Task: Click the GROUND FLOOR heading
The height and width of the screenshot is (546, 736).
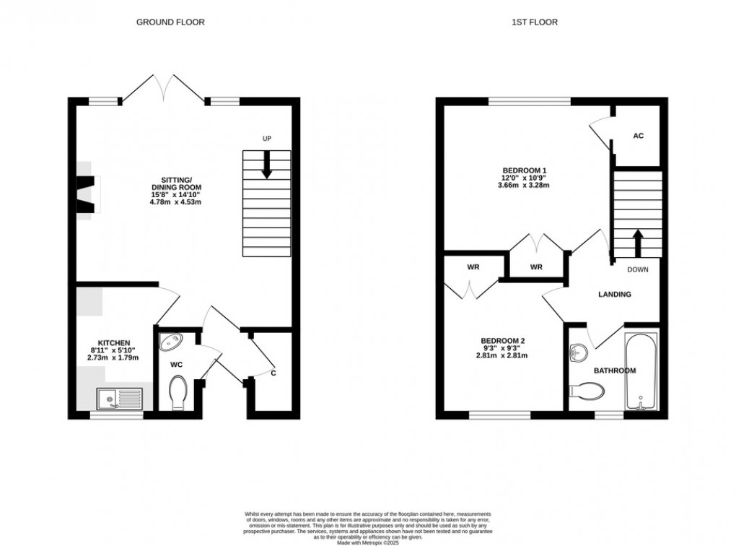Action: (170, 22)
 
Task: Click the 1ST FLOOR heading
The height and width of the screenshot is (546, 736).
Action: (535, 22)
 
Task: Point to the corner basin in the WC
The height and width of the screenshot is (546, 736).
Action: (172, 342)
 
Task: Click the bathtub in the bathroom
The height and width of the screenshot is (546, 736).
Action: (641, 371)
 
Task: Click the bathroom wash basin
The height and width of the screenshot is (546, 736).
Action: (579, 352)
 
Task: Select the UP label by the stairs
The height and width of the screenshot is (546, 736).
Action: (267, 139)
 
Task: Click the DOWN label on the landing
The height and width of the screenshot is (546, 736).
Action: (637, 270)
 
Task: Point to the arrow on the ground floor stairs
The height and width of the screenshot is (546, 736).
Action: (267, 164)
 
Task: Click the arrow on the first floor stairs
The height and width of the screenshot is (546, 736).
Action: (637, 243)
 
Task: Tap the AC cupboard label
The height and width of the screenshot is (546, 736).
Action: (638, 136)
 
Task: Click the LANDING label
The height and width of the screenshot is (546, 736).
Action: (615, 295)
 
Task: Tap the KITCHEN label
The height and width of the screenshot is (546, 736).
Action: (114, 343)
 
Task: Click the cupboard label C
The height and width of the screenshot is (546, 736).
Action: (273, 373)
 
